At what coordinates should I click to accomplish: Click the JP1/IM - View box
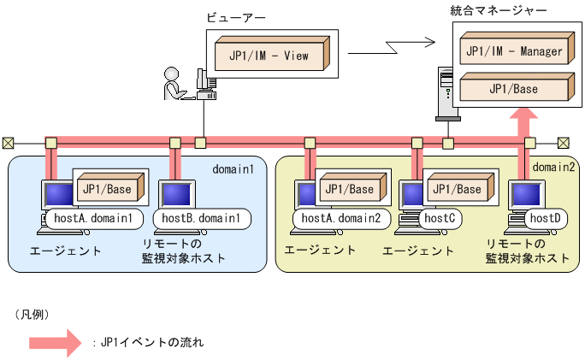coord(269,56)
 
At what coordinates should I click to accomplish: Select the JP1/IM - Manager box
coord(513,51)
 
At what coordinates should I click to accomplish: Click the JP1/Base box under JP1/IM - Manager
coord(513,87)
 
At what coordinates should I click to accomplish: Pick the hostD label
coord(545,219)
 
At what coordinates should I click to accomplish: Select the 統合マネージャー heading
coord(498,10)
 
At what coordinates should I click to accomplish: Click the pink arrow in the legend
coord(56,342)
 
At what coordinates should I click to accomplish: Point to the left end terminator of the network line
coord(8,143)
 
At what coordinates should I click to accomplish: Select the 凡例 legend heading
coord(31,314)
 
